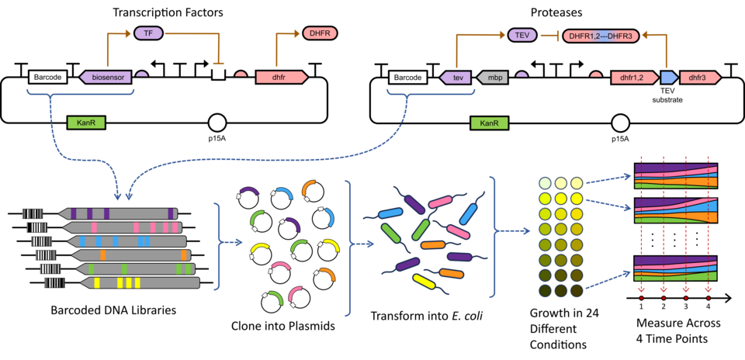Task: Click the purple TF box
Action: (x=148, y=33)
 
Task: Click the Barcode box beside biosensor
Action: (x=47, y=78)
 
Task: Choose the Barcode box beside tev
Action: (x=408, y=78)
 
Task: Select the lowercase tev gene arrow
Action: (x=456, y=78)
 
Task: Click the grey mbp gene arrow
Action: (x=493, y=78)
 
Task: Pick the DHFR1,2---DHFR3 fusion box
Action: (x=601, y=36)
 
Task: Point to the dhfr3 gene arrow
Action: (x=698, y=78)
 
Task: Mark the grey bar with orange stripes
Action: (x=132, y=254)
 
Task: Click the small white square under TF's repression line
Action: (x=219, y=74)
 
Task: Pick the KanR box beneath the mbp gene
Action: (x=489, y=123)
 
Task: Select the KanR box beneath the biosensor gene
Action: (x=85, y=123)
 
